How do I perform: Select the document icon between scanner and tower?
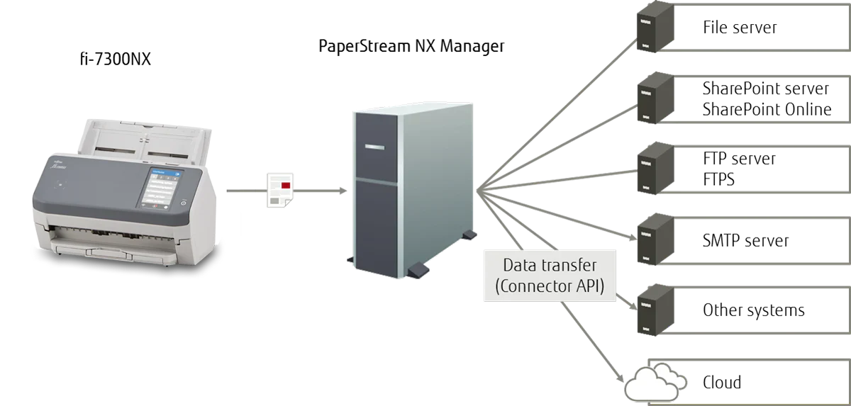(x=279, y=189)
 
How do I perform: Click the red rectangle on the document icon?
(x=285, y=185)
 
